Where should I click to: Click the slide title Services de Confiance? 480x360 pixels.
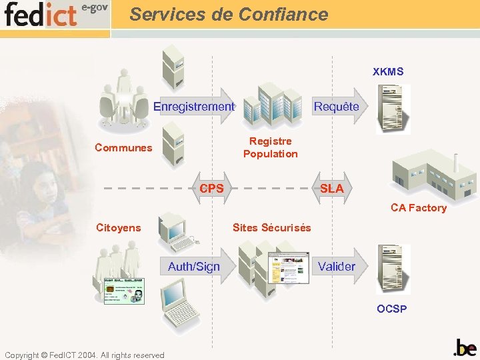[x=229, y=15]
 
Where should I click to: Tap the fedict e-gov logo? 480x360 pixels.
[x=56, y=14]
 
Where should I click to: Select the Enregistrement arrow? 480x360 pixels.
[x=194, y=106]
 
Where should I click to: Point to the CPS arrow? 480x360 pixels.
[x=211, y=188]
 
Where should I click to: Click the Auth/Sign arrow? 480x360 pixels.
[x=195, y=267]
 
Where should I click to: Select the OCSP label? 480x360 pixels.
[x=391, y=309]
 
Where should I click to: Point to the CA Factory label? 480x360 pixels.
[x=418, y=208]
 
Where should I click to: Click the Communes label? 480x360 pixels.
[x=123, y=147]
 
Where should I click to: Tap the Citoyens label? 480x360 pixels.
[x=119, y=228]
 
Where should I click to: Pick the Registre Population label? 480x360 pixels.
[x=270, y=147]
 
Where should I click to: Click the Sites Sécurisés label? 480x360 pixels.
[x=271, y=228]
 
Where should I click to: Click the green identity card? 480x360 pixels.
[x=124, y=291]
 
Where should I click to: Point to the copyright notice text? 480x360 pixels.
[x=84, y=355]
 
